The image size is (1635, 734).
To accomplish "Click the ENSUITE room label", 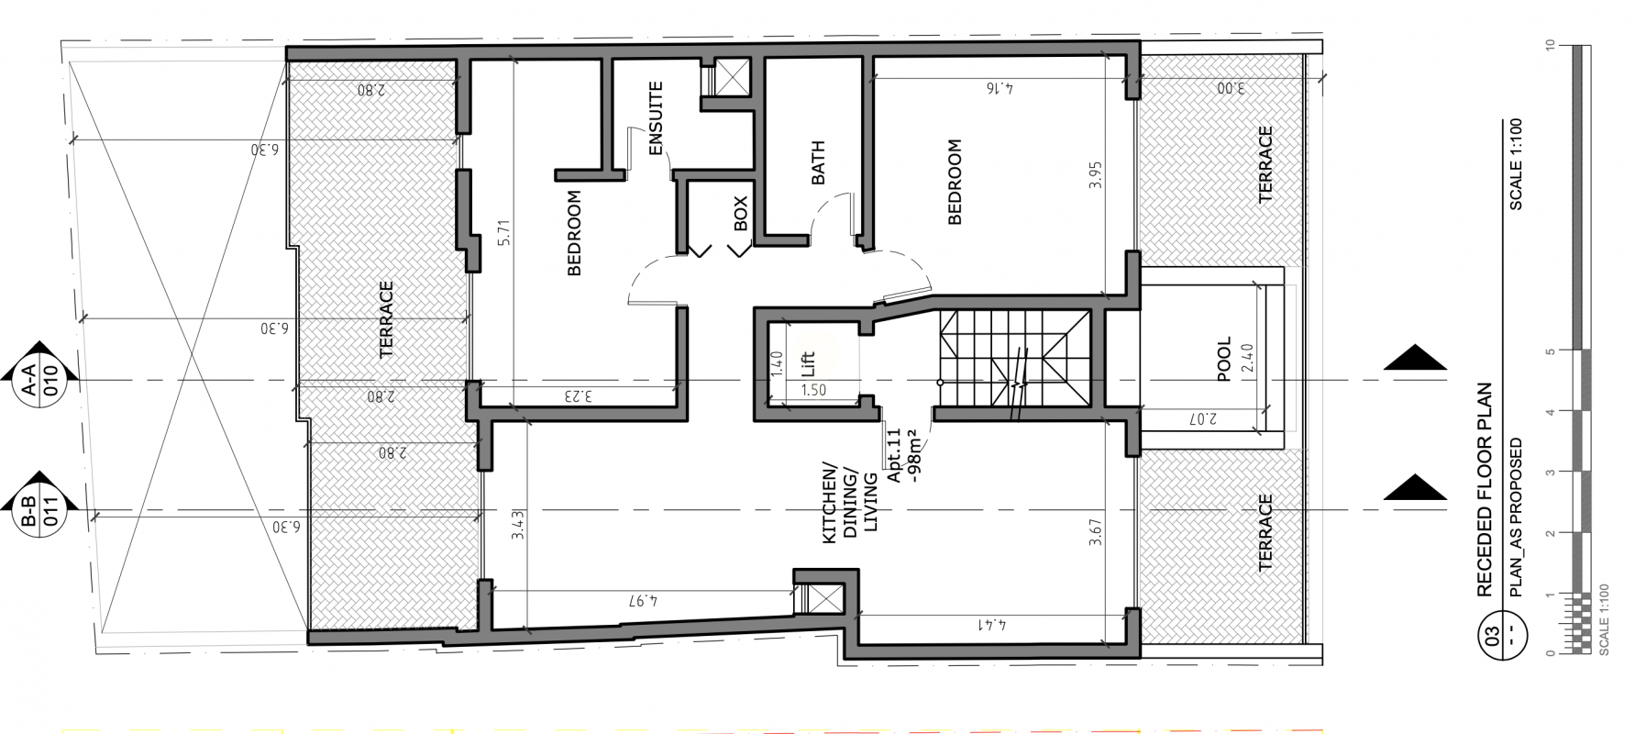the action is pos(656,119).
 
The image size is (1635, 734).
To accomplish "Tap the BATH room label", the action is pos(818,162).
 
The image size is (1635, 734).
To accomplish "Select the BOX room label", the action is pos(741,213).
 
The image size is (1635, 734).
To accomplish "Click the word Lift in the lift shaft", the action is pos(808,365).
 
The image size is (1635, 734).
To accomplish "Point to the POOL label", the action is pos(1224,359).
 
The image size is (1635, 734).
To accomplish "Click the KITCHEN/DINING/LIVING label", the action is pos(850,506).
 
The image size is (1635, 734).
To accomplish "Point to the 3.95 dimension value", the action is pos(1094,176).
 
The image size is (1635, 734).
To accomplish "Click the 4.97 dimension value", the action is pos(645,602).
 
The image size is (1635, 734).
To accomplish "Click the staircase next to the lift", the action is pos(1014,361).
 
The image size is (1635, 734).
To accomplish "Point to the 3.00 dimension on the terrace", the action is pos(1230,89).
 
